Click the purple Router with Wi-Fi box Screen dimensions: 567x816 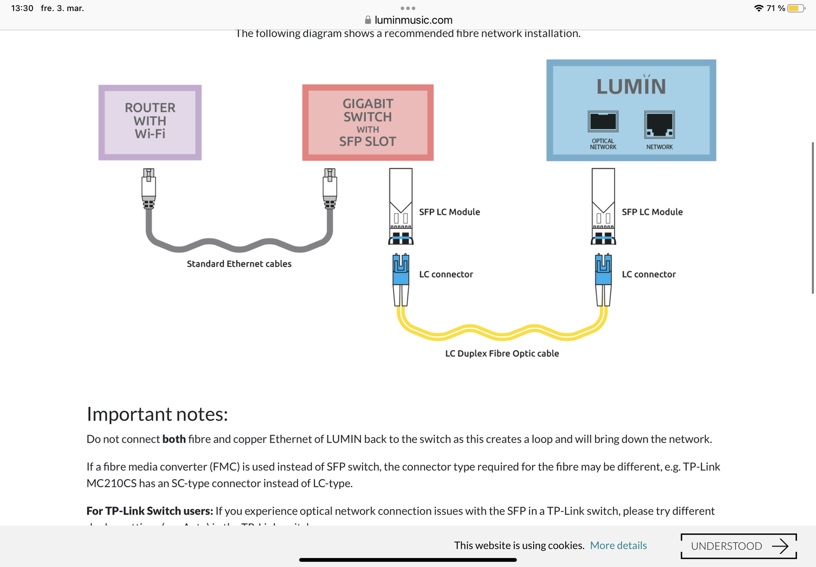pos(150,122)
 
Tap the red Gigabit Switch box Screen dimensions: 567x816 pos(368,122)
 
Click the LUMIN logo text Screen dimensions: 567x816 pos(631,87)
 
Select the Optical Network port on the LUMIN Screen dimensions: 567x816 pos(603,122)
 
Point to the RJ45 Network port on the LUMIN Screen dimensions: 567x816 pos(659,124)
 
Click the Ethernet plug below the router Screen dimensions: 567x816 pos(149,188)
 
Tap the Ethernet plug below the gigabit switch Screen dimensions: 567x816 pos(330,188)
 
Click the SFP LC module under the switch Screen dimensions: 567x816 pos(401,206)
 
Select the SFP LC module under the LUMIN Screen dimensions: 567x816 pos(603,206)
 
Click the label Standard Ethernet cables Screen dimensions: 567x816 pos(239,264)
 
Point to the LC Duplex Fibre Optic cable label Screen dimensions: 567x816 pos(502,353)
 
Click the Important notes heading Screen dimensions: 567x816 pos(157,414)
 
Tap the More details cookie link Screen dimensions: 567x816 pos(618,545)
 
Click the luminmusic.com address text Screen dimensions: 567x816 pos(413,20)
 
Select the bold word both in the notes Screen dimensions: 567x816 pos(174,439)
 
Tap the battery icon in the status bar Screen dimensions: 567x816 pos(796,8)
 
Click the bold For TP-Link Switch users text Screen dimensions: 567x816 pos(150,511)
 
